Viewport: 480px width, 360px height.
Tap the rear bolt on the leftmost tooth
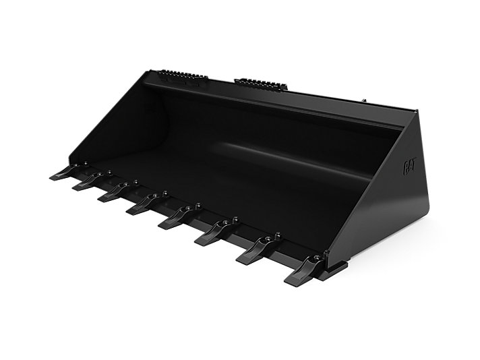click(87, 162)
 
